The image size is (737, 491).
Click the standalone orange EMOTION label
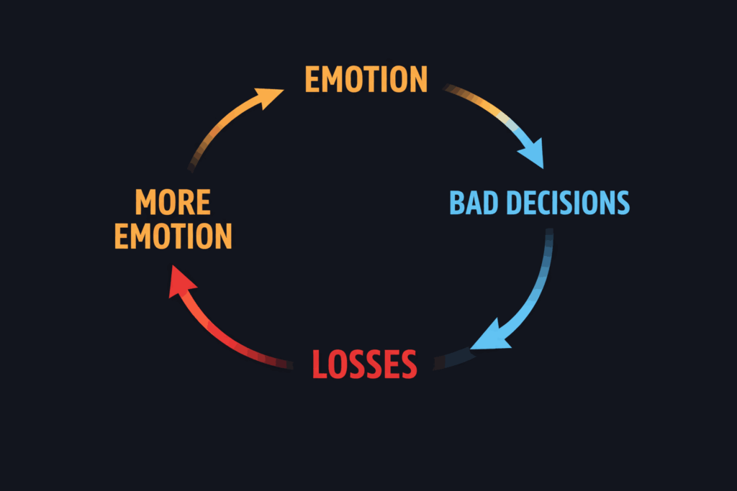366,79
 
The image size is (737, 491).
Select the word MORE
173,203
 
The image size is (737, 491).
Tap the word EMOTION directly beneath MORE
173,237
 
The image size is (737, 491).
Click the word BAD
474,203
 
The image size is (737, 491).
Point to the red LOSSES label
364,364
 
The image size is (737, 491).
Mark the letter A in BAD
474,203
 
